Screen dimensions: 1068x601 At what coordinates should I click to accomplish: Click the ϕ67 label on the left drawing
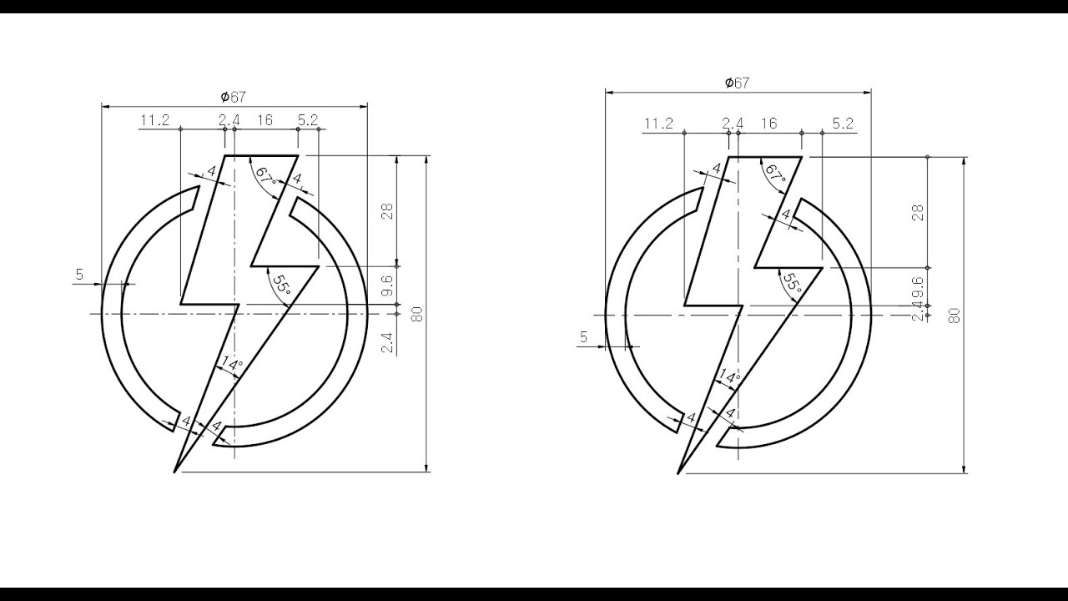click(x=233, y=97)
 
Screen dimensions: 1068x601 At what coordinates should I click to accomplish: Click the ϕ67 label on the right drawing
click(x=737, y=83)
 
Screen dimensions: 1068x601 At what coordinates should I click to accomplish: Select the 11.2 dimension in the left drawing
click(x=154, y=119)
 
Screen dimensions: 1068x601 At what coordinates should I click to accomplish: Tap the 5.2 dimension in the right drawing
click(x=843, y=124)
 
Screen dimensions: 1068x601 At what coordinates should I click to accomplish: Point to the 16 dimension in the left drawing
click(x=264, y=119)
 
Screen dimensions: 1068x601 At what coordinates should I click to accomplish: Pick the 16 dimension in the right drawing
click(x=768, y=124)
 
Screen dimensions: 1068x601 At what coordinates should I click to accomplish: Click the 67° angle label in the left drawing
click(x=266, y=176)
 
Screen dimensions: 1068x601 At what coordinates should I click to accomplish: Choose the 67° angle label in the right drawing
click(x=775, y=174)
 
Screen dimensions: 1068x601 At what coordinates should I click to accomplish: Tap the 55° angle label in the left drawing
click(x=281, y=285)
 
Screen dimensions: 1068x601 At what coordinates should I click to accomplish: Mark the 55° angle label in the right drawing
click(x=793, y=282)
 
